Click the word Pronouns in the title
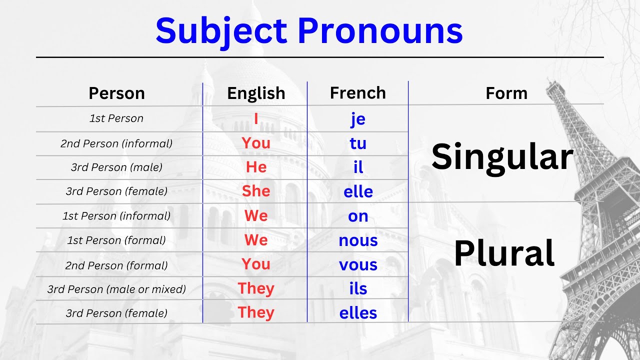point(380,31)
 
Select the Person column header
point(116,93)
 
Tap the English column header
point(256,93)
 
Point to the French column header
point(358,93)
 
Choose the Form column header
point(506,93)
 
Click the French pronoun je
point(358,119)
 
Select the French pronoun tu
point(358,143)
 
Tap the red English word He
point(256,167)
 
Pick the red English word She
point(256,191)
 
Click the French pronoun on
point(358,216)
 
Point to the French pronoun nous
point(358,240)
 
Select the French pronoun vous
point(358,264)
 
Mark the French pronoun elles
point(358,313)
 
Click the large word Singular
point(502,157)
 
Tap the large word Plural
point(504,253)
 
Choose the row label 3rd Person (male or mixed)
point(116,289)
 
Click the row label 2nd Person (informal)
point(116,143)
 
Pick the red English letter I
point(256,119)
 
